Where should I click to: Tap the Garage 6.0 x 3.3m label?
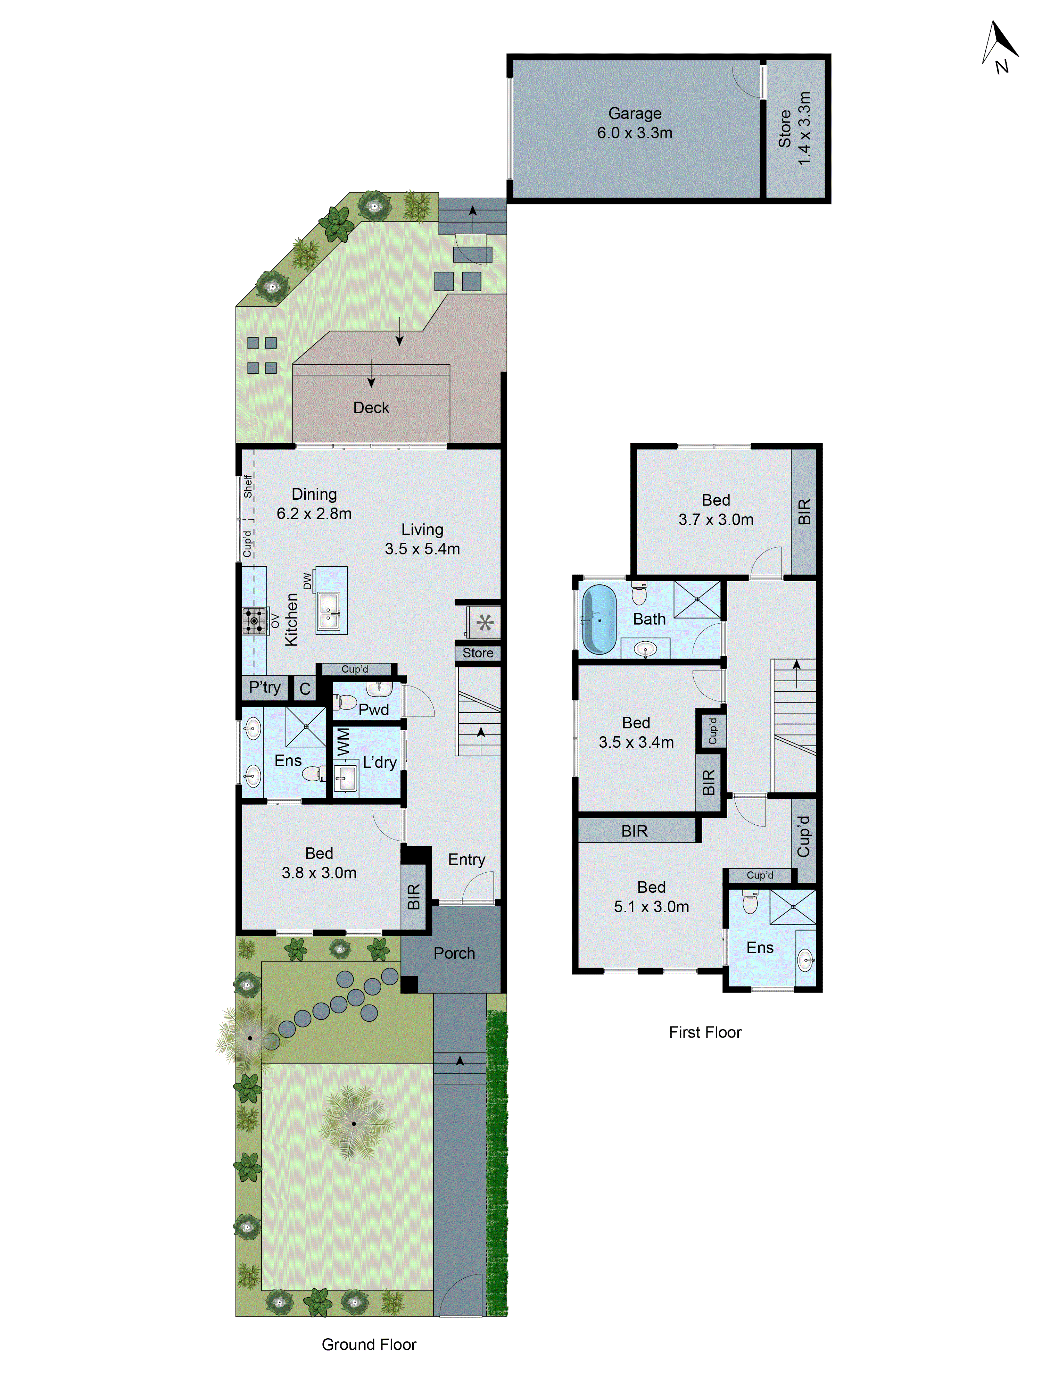coord(634,123)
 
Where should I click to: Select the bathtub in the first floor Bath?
coord(598,619)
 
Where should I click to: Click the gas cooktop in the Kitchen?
coord(254,621)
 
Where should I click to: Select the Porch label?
coord(454,953)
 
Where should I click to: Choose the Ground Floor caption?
coord(369,1345)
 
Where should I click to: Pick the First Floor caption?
coord(705,1032)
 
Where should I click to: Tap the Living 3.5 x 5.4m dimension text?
coord(422,539)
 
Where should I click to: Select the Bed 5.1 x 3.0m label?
coord(651,897)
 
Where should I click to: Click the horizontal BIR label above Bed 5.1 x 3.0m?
coord(634,831)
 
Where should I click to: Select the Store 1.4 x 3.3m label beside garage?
coord(795,129)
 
